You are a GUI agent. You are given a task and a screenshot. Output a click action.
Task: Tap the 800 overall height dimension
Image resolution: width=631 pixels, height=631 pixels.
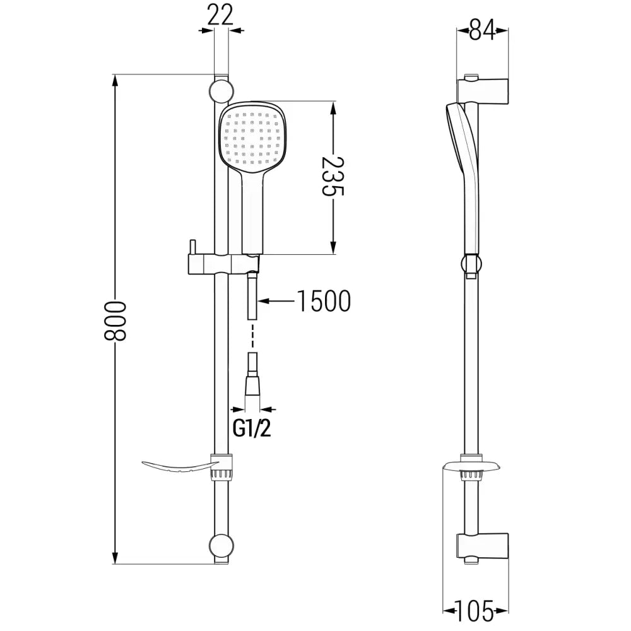pyautogui.click(x=115, y=321)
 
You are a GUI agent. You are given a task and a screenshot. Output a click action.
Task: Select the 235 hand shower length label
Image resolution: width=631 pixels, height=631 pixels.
pyautogui.click(x=333, y=176)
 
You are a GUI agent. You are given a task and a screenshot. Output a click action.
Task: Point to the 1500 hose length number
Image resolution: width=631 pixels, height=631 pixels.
pyautogui.click(x=324, y=301)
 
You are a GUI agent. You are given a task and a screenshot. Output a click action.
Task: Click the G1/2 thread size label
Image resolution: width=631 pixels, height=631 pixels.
pyautogui.click(x=252, y=428)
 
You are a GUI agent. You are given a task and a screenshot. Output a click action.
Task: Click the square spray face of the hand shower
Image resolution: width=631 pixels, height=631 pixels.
pyautogui.click(x=252, y=138)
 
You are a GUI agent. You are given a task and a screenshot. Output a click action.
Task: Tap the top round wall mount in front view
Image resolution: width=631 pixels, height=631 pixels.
pyautogui.click(x=221, y=91)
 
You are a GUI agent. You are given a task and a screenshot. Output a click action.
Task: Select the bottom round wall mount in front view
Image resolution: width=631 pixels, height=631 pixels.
pyautogui.click(x=221, y=546)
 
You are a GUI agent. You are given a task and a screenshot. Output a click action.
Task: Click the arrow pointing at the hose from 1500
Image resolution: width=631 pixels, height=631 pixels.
pyautogui.click(x=276, y=300)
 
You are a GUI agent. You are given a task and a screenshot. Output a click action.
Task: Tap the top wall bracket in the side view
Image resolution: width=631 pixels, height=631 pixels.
pyautogui.click(x=483, y=90)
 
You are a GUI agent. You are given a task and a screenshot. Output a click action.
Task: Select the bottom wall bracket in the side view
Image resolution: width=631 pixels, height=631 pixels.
pyautogui.click(x=483, y=548)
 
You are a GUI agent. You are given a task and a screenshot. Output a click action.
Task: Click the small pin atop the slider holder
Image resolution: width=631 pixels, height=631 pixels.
pyautogui.click(x=192, y=247)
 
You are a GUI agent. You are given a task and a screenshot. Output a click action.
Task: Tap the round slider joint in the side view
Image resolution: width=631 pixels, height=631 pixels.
pyautogui.click(x=471, y=264)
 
